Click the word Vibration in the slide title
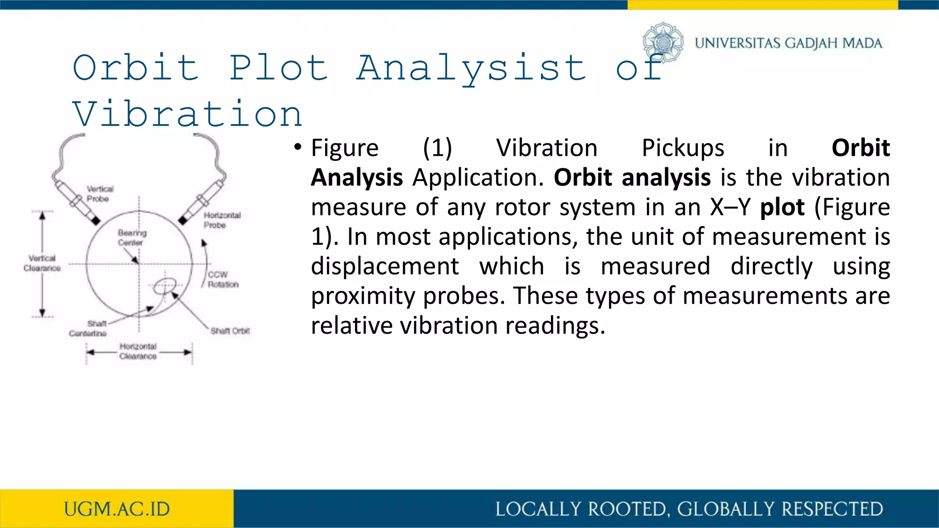(x=188, y=114)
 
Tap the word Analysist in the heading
(x=471, y=68)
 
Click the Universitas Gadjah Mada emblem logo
(x=663, y=43)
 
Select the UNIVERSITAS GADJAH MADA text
(x=788, y=43)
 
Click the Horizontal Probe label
(x=222, y=220)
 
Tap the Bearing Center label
(x=132, y=237)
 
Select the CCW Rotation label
(x=223, y=280)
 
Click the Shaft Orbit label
(x=230, y=330)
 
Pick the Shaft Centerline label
(x=88, y=329)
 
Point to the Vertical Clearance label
(x=42, y=263)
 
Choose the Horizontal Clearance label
(x=138, y=351)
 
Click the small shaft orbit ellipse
(x=164, y=286)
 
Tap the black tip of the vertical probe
(x=95, y=221)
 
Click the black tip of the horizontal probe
(x=183, y=220)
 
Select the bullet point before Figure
(x=298, y=147)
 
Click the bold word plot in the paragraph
(x=782, y=207)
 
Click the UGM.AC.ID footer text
(x=117, y=509)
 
